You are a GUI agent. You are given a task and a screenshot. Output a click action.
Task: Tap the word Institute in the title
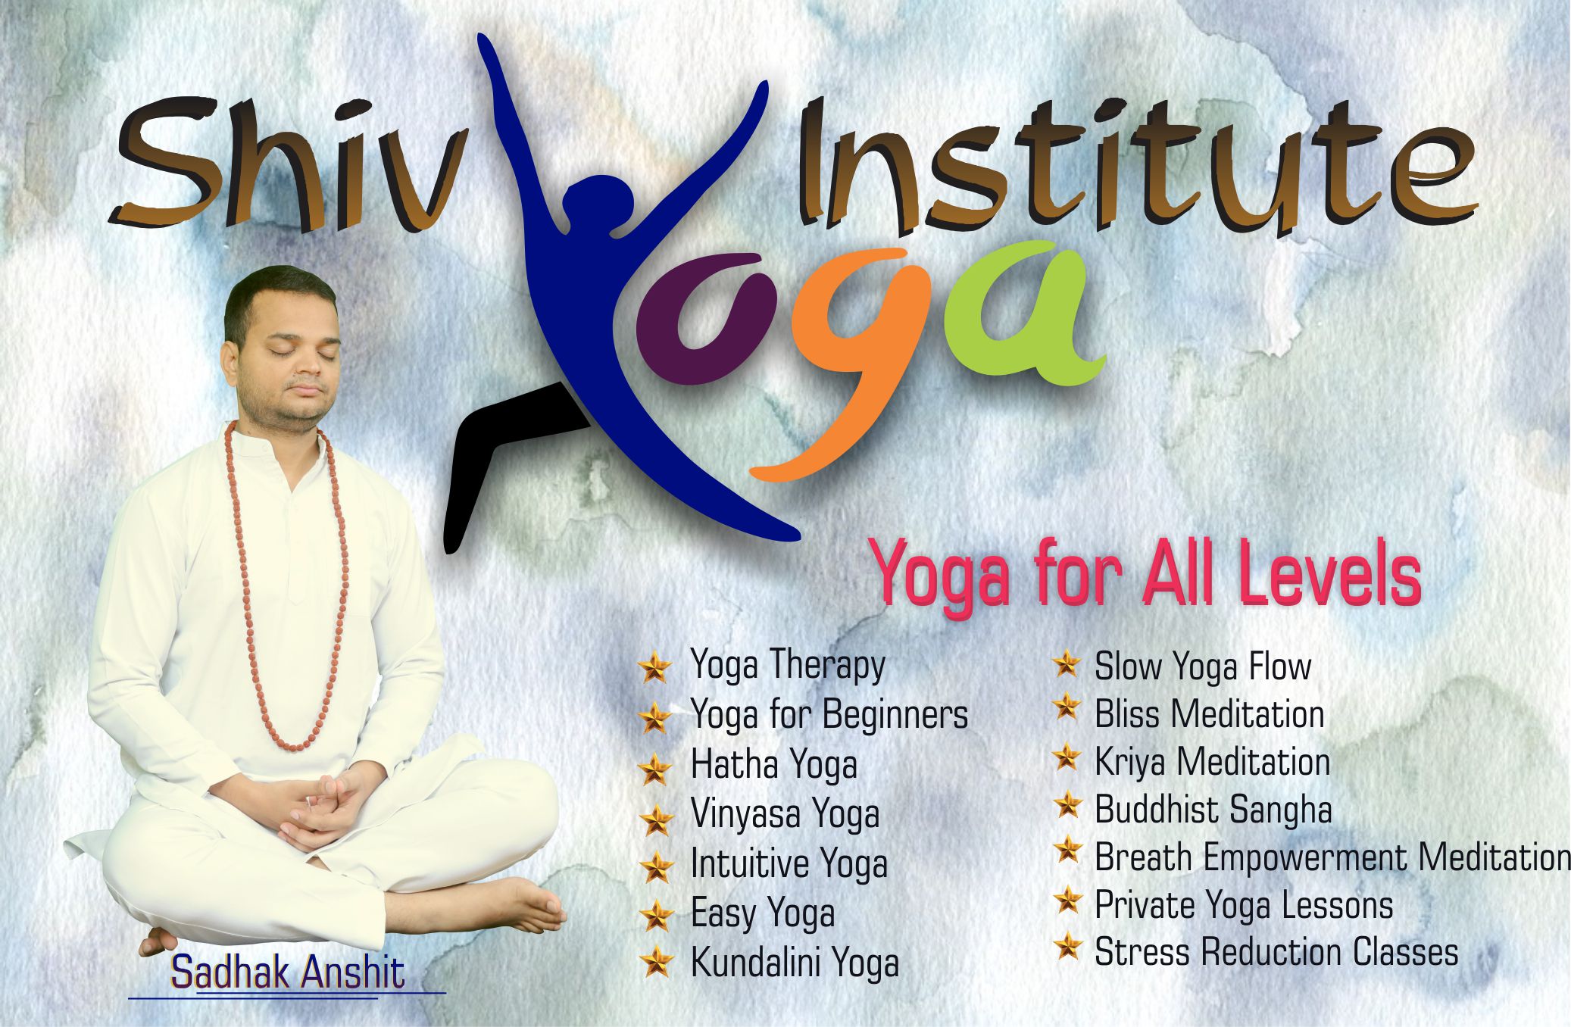(1136, 163)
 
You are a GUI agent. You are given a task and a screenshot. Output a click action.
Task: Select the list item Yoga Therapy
(787, 666)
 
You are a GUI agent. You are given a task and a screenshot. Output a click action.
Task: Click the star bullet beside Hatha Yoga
(655, 768)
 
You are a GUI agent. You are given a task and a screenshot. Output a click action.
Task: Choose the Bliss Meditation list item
(1209, 714)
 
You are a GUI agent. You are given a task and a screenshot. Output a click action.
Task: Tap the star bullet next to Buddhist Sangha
(1067, 806)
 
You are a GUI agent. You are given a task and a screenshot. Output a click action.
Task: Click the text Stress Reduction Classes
(1276, 952)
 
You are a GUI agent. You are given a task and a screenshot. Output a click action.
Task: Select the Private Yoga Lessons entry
(1244, 905)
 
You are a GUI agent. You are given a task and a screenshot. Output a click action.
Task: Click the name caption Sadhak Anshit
(288, 972)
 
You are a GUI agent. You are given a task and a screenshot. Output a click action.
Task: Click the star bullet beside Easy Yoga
(656, 915)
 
